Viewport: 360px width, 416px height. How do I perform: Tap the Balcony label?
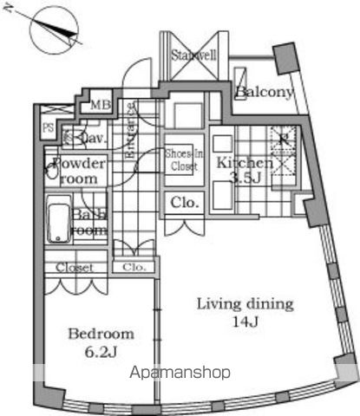click(265, 92)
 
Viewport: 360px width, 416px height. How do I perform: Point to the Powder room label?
click(79, 171)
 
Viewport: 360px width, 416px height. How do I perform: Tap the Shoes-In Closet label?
click(184, 159)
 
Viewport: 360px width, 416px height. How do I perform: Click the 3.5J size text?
click(245, 179)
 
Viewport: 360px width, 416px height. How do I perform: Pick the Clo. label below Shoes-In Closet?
click(184, 204)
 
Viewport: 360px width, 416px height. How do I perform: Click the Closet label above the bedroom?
click(75, 268)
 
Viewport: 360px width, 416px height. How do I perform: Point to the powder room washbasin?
click(52, 171)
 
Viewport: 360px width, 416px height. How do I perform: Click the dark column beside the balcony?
click(283, 60)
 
